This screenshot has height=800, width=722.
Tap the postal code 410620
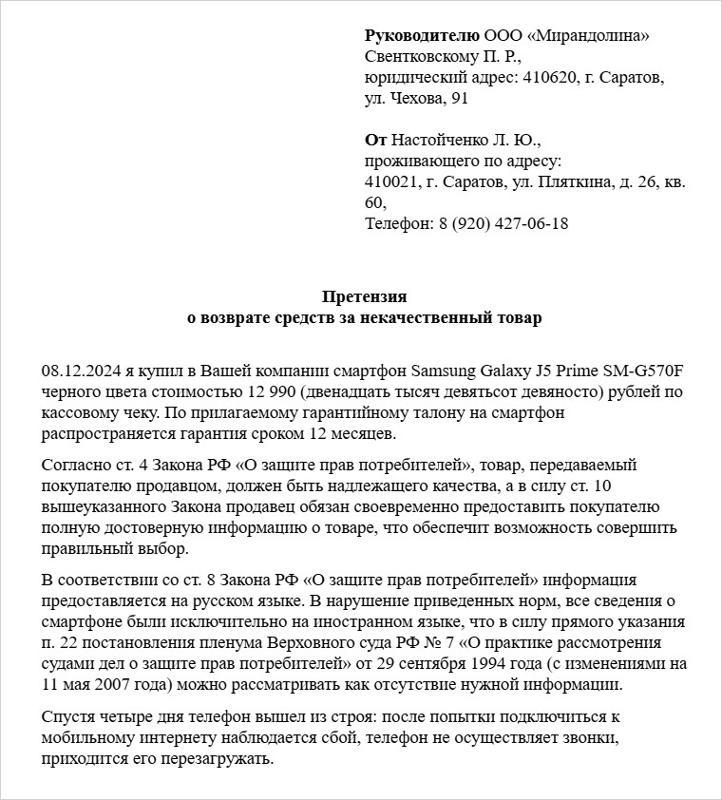tap(548, 78)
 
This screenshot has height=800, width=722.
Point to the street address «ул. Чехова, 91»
tap(416, 99)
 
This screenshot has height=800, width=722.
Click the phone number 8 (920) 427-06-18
tap(503, 224)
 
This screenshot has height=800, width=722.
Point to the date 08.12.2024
tap(78, 370)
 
